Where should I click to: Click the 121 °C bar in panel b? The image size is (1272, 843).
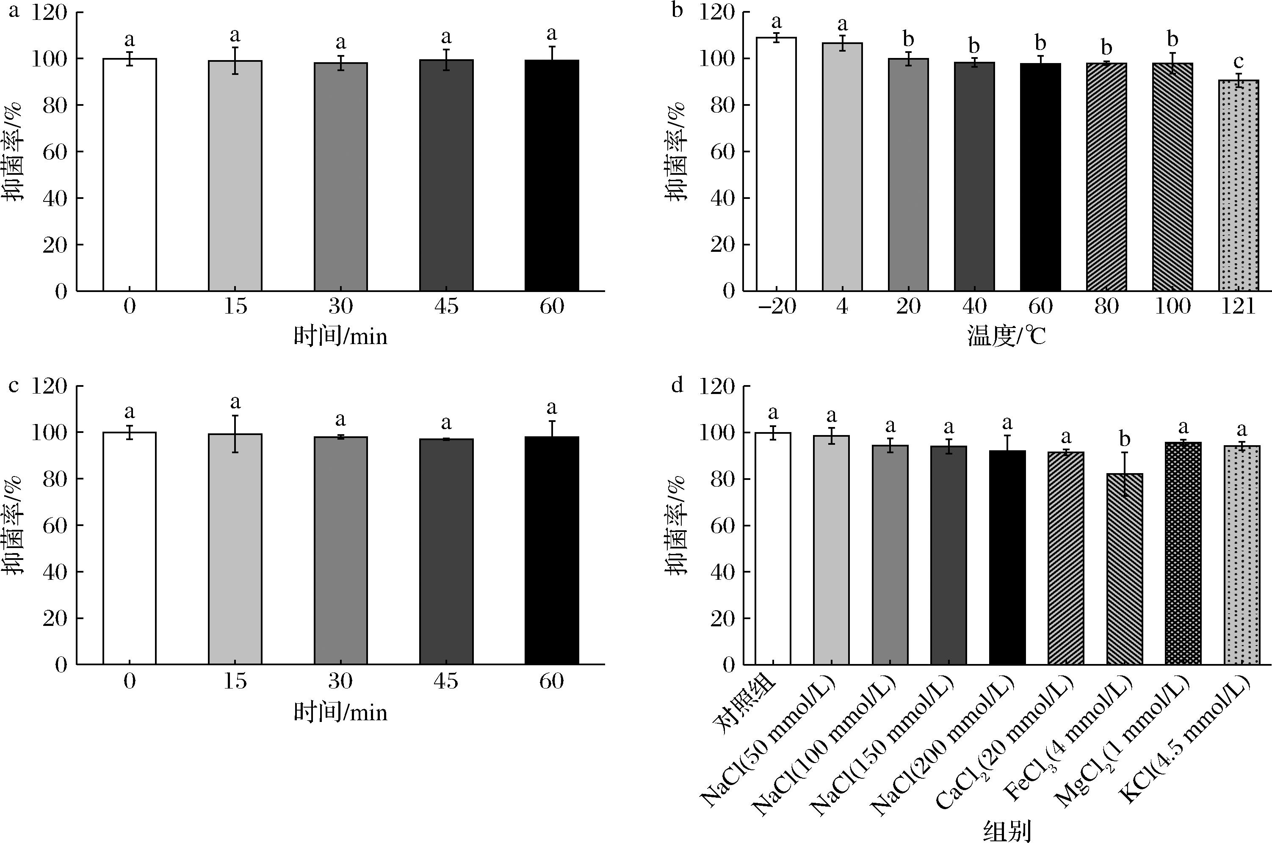[1239, 185]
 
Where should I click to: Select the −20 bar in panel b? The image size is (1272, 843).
[776, 164]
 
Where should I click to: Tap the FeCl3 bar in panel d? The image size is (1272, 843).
[1124, 569]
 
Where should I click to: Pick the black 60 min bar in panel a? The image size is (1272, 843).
[551, 175]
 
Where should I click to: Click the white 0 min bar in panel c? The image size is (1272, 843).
[130, 548]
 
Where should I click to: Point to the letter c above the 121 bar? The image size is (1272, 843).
[1239, 62]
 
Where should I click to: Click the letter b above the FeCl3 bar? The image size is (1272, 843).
[1124, 439]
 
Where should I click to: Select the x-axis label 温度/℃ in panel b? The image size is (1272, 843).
[1007, 337]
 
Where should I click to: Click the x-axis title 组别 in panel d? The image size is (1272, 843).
[1007, 831]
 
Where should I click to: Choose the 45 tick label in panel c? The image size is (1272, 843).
[446, 681]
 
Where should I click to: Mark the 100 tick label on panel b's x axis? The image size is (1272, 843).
[1172, 306]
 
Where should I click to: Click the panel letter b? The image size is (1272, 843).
[677, 10]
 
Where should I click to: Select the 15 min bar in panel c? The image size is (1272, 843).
[235, 549]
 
